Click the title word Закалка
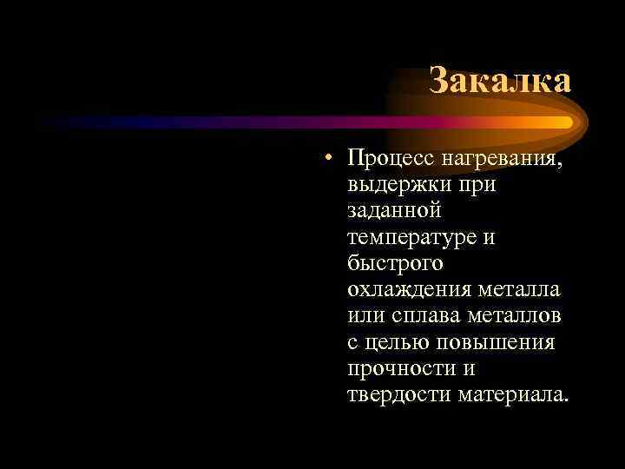click(500, 81)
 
